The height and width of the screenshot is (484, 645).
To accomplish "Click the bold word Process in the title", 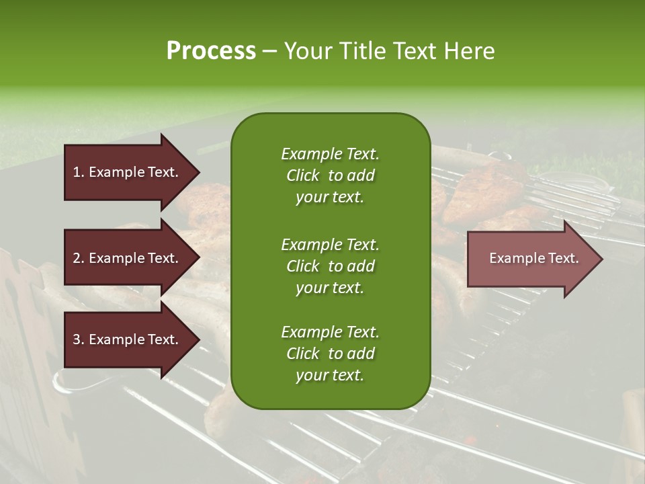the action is [211, 51].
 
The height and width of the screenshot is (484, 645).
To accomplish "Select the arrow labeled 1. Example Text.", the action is [128, 172].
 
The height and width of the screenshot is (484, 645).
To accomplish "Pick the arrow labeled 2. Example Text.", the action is [128, 258].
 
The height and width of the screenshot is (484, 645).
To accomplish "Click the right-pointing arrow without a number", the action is [531, 259].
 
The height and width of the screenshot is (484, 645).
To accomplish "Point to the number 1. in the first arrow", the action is [79, 172].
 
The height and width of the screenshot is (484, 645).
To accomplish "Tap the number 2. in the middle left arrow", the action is [79, 258].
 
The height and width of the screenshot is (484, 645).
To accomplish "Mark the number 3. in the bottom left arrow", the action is [79, 340].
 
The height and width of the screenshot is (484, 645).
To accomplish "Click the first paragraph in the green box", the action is [330, 175].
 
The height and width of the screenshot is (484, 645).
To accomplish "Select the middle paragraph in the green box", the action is [330, 266].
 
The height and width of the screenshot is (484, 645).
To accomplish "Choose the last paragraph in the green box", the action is [330, 354].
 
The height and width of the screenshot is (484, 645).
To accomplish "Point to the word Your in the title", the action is [306, 51].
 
